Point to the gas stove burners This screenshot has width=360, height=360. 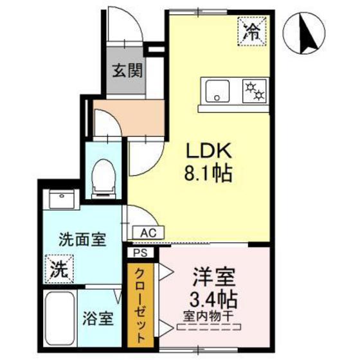tap(255, 90)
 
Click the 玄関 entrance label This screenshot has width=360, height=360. tap(129, 72)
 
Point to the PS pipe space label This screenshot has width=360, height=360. tap(141, 253)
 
